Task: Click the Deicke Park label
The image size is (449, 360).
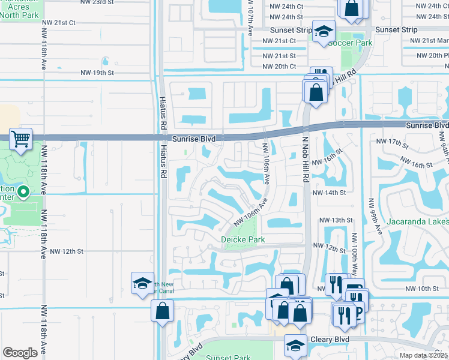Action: (243, 239)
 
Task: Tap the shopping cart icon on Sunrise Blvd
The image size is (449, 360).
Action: (21, 140)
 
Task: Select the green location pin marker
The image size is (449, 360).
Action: (23, 193)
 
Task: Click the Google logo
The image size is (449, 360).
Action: (20, 353)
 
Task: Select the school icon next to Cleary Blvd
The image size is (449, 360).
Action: (295, 346)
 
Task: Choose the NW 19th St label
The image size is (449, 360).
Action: (97, 73)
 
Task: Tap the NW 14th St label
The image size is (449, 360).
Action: (333, 193)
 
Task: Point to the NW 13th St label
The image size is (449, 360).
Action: (335, 220)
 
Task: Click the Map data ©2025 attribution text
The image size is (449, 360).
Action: (424, 355)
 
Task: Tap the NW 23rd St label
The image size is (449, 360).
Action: (97, 2)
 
